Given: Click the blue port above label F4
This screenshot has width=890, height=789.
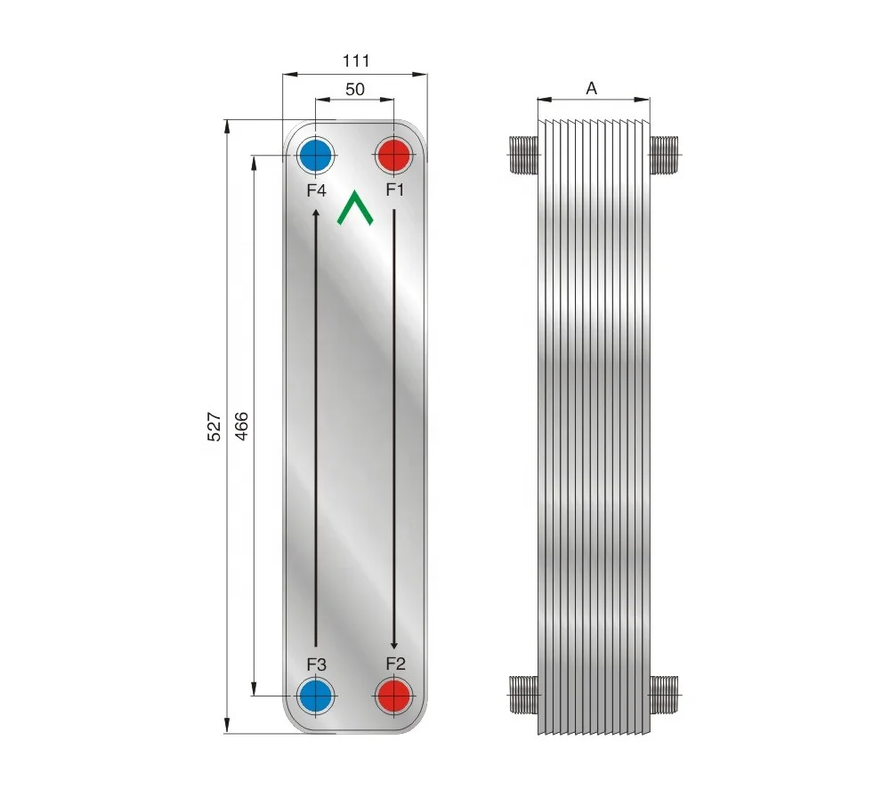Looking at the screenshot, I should (316, 157).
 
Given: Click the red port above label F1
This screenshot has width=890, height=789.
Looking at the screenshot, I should (393, 157).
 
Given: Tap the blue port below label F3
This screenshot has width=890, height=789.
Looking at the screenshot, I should (316, 695).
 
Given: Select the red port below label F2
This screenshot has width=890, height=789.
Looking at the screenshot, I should (393, 695).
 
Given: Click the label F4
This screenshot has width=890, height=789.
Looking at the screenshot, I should (317, 190).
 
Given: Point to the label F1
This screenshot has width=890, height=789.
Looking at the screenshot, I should (395, 189).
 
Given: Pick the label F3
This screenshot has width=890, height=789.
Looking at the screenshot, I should (317, 664).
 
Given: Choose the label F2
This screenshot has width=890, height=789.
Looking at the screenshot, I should (395, 664).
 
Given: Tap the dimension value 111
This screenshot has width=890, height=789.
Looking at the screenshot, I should (355, 60).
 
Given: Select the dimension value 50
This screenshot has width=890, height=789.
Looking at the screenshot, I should (354, 90).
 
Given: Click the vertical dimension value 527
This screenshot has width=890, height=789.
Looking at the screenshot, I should (214, 427).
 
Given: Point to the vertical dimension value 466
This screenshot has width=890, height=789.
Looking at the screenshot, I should (242, 427).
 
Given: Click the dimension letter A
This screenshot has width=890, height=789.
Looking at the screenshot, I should (591, 88).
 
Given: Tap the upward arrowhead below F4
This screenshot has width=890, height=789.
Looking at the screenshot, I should (315, 213).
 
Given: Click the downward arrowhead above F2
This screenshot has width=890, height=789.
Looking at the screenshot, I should (394, 644).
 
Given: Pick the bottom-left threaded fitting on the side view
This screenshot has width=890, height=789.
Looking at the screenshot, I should (524, 694).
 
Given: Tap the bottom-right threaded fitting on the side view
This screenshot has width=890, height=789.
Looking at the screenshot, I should (664, 694).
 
